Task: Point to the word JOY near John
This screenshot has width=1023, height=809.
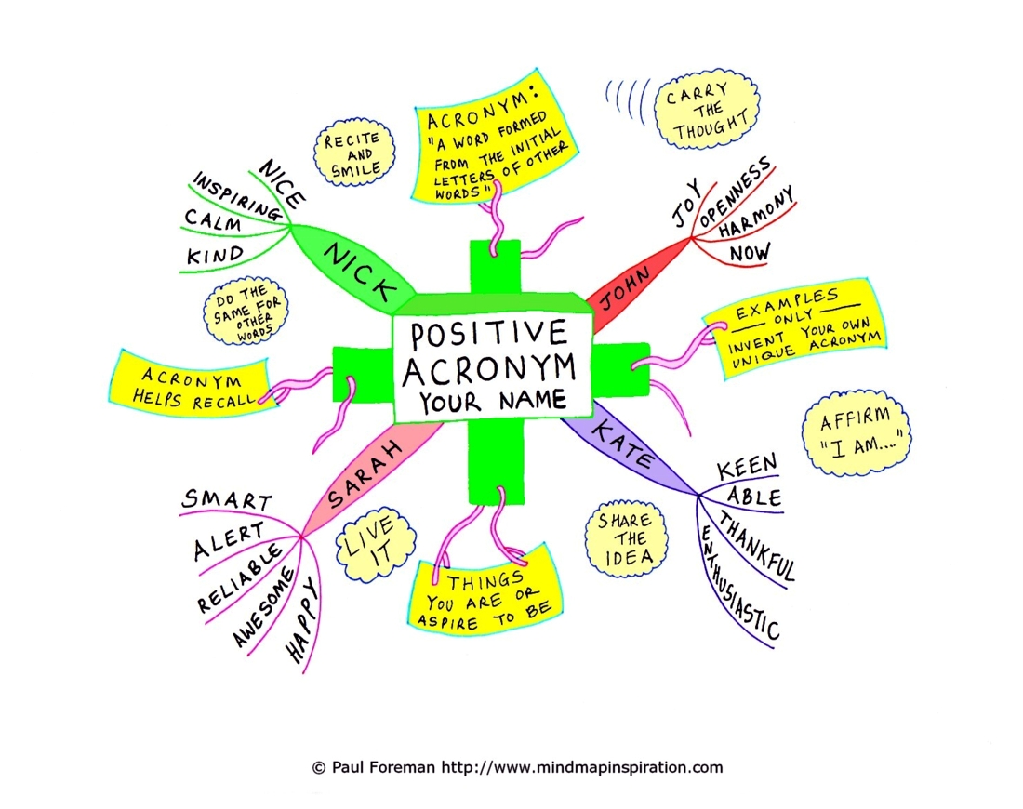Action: tap(684, 206)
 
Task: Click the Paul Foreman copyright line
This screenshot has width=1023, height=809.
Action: tap(517, 768)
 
